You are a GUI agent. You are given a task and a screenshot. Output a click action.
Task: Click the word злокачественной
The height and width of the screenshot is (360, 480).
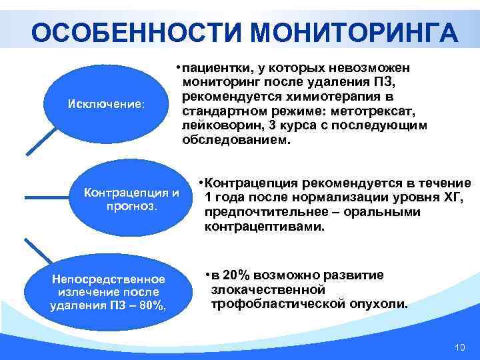pos(268,290)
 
